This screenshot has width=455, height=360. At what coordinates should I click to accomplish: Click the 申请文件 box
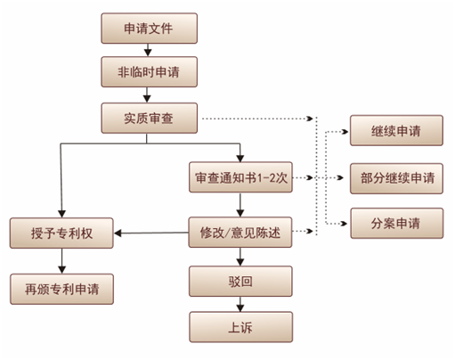(x=147, y=29)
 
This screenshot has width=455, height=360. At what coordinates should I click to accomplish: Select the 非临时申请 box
(x=147, y=70)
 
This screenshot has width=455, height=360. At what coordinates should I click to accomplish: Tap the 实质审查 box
(x=147, y=117)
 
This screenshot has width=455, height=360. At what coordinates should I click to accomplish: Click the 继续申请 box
(x=395, y=131)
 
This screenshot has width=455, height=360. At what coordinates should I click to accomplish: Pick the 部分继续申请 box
(x=395, y=177)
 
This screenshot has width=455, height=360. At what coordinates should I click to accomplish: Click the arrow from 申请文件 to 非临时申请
(x=147, y=50)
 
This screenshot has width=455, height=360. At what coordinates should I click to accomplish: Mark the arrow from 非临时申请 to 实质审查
(x=147, y=94)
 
